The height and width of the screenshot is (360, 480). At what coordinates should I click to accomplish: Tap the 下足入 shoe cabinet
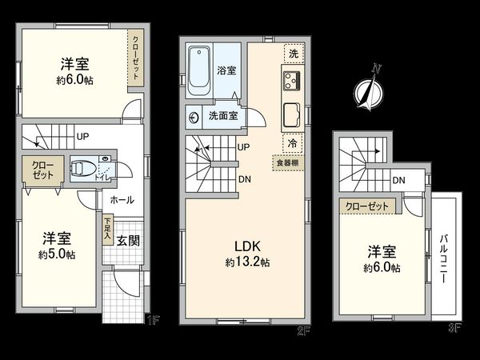(x=107, y=230)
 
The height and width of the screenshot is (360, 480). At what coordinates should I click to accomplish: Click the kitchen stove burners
(x=290, y=80)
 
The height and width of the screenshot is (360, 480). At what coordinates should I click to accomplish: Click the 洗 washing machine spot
(x=293, y=54)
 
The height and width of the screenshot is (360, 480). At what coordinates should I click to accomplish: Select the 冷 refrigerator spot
(x=293, y=143)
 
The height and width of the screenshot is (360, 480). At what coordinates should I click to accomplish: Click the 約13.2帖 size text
(x=246, y=262)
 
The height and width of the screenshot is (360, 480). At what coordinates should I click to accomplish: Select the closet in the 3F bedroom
(x=366, y=206)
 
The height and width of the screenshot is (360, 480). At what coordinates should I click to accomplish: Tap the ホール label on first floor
(x=122, y=200)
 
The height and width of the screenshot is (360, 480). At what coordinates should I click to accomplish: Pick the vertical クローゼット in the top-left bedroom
(x=137, y=58)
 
